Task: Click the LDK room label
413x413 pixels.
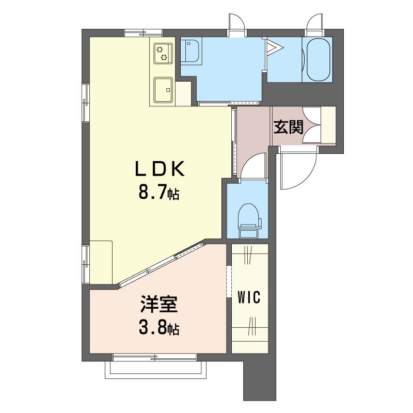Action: (x=160, y=169)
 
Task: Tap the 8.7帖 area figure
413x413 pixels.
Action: (x=159, y=194)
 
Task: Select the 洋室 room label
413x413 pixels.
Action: (x=159, y=304)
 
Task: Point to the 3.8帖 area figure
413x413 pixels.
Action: (x=159, y=328)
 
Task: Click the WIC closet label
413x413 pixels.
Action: (x=249, y=298)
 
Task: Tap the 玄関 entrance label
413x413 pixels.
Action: (x=289, y=127)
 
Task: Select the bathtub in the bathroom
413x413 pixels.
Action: (x=319, y=60)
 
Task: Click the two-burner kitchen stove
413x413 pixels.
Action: (x=163, y=53)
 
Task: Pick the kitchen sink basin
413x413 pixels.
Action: (x=163, y=90)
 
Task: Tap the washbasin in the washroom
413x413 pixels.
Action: (x=191, y=51)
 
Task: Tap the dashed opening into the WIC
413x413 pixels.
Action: (x=229, y=281)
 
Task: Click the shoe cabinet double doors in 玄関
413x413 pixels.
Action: (x=312, y=125)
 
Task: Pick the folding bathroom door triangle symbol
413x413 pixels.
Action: (x=275, y=47)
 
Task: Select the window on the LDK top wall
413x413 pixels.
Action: (x=143, y=33)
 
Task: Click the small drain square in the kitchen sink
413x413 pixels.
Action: (x=168, y=90)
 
